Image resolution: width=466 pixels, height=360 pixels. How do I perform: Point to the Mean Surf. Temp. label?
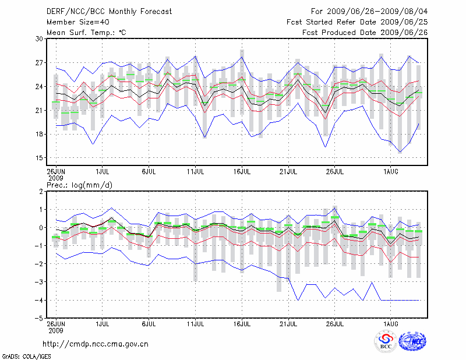coord(86,32)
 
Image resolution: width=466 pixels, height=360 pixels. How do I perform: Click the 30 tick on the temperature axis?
coord(40,38)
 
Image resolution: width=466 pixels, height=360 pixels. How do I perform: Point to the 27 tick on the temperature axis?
coord(40,62)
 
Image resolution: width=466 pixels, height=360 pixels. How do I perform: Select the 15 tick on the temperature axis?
coord(40,158)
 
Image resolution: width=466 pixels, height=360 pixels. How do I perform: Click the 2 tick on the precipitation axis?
coord(41,191)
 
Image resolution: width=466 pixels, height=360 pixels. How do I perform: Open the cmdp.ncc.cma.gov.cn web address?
coord(96,344)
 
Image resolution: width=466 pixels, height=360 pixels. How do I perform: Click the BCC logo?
coord(386,341)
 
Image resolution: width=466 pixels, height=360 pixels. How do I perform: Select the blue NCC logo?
coord(412,341)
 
